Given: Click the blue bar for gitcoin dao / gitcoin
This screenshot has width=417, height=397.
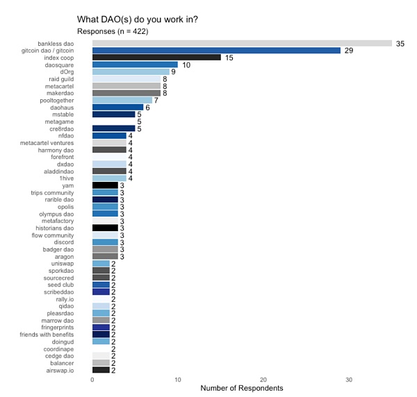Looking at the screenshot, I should pyautogui.click(x=216, y=50).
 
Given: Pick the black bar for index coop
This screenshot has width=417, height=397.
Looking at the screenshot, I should pyautogui.click(x=156, y=58).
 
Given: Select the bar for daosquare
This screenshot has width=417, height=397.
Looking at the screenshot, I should pyautogui.click(x=135, y=65).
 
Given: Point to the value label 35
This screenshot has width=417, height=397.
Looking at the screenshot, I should pyautogui.click(x=400, y=44).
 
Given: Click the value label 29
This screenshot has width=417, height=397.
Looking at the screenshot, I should pyautogui.click(x=349, y=51).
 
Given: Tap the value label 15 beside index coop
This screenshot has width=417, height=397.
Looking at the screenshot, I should pyautogui.click(x=229, y=58).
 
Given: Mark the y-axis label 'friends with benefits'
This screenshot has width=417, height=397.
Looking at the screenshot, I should pyautogui.click(x=56, y=334).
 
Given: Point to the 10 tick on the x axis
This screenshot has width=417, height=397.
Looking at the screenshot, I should pyautogui.click(x=178, y=380).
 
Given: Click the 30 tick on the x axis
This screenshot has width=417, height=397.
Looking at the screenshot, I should pyautogui.click(x=349, y=380).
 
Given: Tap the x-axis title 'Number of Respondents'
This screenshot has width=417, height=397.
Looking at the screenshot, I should pyautogui.click(x=241, y=389).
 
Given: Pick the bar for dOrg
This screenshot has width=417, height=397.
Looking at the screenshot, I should pyautogui.click(x=131, y=71).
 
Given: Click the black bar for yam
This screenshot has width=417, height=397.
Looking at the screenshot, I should pyautogui.click(x=105, y=185).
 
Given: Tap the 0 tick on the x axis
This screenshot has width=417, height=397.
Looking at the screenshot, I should pyautogui.click(x=92, y=380).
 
